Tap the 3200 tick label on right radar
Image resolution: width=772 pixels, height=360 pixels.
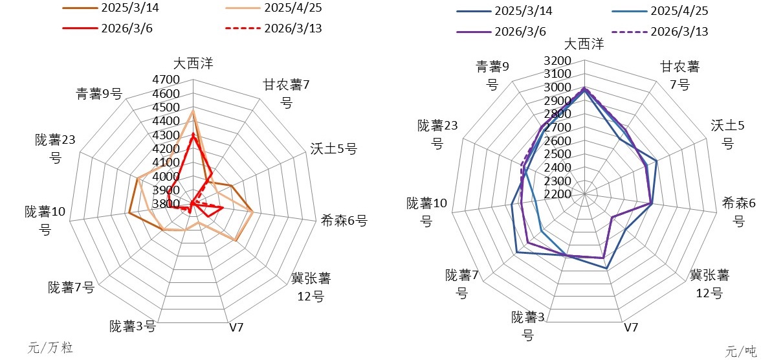click(557, 60)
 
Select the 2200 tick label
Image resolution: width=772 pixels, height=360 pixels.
click(557, 194)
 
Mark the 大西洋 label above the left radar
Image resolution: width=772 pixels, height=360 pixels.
click(193, 63)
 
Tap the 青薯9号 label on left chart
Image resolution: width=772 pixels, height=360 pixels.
click(98, 94)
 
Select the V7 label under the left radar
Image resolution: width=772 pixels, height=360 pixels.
click(236, 326)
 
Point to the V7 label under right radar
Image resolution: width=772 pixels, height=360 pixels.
click(632, 327)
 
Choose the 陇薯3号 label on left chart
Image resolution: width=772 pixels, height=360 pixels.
click(132, 326)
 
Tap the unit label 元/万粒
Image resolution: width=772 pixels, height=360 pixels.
click(50, 348)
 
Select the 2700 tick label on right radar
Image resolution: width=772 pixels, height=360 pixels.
click(557, 128)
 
